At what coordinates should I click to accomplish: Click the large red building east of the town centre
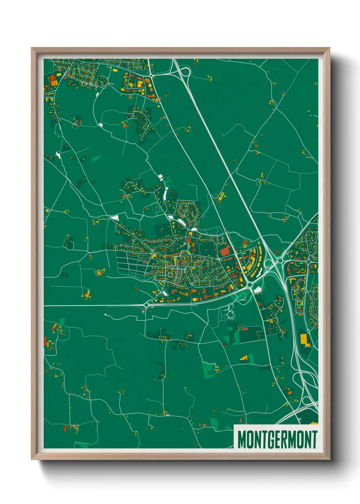[225, 252]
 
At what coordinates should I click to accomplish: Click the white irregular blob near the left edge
[57, 155]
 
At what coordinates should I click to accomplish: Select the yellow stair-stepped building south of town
[244, 358]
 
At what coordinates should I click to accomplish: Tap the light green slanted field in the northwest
[96, 158]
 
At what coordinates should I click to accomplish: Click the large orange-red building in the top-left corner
[53, 80]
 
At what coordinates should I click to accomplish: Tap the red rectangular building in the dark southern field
[244, 329]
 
